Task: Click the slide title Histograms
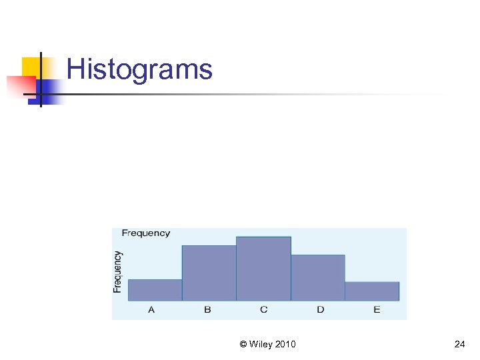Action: [x=139, y=69]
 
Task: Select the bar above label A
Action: [x=155, y=290]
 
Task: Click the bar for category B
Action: [x=209, y=273]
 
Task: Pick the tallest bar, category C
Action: [x=263, y=269]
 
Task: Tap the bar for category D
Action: [x=317, y=278]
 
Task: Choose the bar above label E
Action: [x=372, y=291]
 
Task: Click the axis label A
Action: [x=151, y=310]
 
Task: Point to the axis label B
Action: [x=207, y=310]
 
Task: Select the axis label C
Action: [x=264, y=310]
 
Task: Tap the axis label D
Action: [x=321, y=310]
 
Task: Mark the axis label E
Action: [x=377, y=310]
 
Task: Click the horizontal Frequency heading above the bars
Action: [x=146, y=233]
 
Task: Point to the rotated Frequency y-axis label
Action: [x=118, y=271]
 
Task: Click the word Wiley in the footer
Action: [x=261, y=344]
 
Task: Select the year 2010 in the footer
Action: [x=285, y=344]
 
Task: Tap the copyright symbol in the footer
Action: [x=243, y=344]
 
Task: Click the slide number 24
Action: [x=459, y=344]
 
